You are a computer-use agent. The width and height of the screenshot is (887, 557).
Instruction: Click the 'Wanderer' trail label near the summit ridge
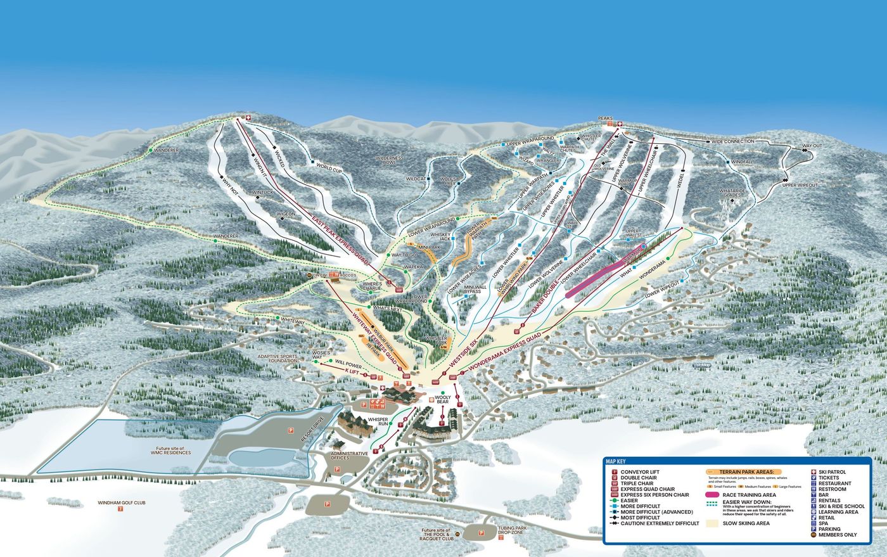click(x=167, y=150)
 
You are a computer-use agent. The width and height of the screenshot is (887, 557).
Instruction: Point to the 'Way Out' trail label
click(x=812, y=146)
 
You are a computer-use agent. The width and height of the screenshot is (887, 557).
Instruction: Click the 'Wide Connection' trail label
click(x=732, y=141)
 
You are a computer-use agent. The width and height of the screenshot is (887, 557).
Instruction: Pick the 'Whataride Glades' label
click(x=734, y=193)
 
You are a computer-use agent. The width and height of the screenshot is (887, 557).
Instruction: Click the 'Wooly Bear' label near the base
click(x=442, y=400)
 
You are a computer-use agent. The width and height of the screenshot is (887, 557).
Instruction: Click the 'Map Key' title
click(x=617, y=462)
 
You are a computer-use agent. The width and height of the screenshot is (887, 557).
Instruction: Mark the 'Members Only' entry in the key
click(x=837, y=535)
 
